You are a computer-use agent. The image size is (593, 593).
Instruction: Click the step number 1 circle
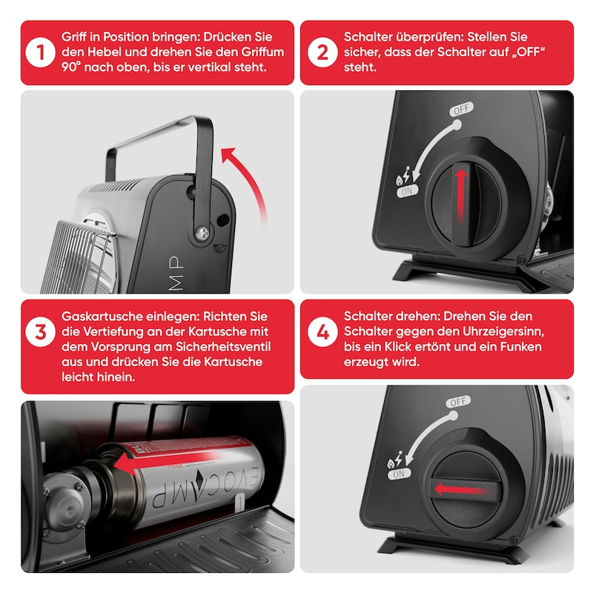point(41,52)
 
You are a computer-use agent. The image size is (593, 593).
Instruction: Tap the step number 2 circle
point(322,52)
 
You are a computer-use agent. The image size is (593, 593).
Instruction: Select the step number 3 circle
point(41,331)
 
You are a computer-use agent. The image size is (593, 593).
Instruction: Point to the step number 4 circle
point(322,331)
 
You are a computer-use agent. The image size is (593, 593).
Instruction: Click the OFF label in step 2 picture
point(461,109)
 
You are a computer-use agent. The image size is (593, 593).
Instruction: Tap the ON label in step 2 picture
point(407,191)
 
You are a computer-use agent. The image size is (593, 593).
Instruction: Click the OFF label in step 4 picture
point(458,402)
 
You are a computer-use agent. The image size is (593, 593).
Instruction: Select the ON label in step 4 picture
point(399,474)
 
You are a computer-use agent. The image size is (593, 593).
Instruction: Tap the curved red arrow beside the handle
point(251,178)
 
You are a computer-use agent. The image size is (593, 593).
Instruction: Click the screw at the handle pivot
point(202,233)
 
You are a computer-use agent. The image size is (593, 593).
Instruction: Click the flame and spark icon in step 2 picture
point(402,175)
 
